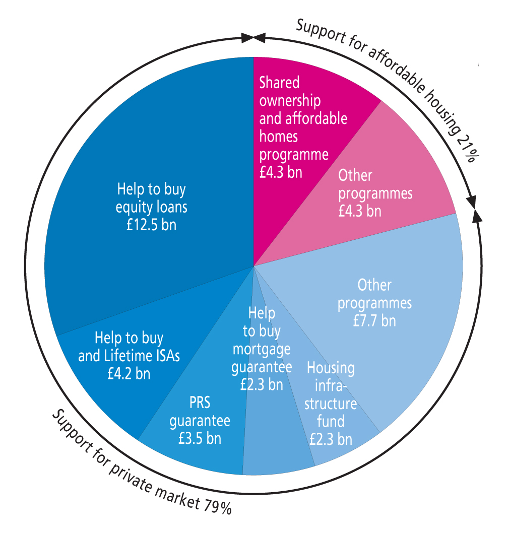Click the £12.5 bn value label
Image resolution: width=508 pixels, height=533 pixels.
click(152, 224)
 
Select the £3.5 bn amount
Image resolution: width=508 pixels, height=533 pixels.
click(200, 438)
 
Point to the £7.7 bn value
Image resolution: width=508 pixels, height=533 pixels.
click(374, 320)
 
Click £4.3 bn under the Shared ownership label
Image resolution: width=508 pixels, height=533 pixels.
click(281, 172)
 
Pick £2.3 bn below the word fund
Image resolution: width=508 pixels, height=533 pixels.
click(331, 439)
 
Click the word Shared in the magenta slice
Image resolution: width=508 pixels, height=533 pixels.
click(279, 82)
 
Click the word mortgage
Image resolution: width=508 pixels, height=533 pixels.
click(262, 349)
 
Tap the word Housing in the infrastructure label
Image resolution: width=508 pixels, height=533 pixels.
click(331, 368)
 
